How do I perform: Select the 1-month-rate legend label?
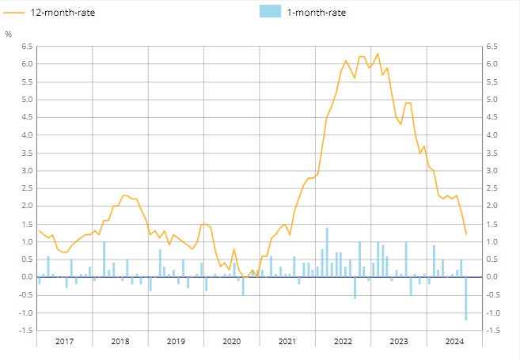(x=316, y=12)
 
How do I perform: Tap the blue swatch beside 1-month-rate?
(x=270, y=12)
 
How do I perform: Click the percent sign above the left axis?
(x=9, y=35)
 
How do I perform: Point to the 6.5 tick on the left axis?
(x=26, y=47)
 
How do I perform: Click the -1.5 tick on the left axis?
(x=25, y=331)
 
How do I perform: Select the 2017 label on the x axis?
(x=64, y=341)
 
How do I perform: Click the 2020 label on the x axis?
(x=231, y=341)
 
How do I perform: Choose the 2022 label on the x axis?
(x=343, y=341)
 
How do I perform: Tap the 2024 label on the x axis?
(x=454, y=341)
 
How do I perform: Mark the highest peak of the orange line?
(x=378, y=54)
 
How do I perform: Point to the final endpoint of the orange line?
(x=466, y=234)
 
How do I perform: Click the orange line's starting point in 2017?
(x=38, y=230)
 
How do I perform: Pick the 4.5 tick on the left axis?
(x=26, y=118)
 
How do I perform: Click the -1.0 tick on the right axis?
(x=492, y=313)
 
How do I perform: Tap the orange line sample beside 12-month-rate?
(x=15, y=12)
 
